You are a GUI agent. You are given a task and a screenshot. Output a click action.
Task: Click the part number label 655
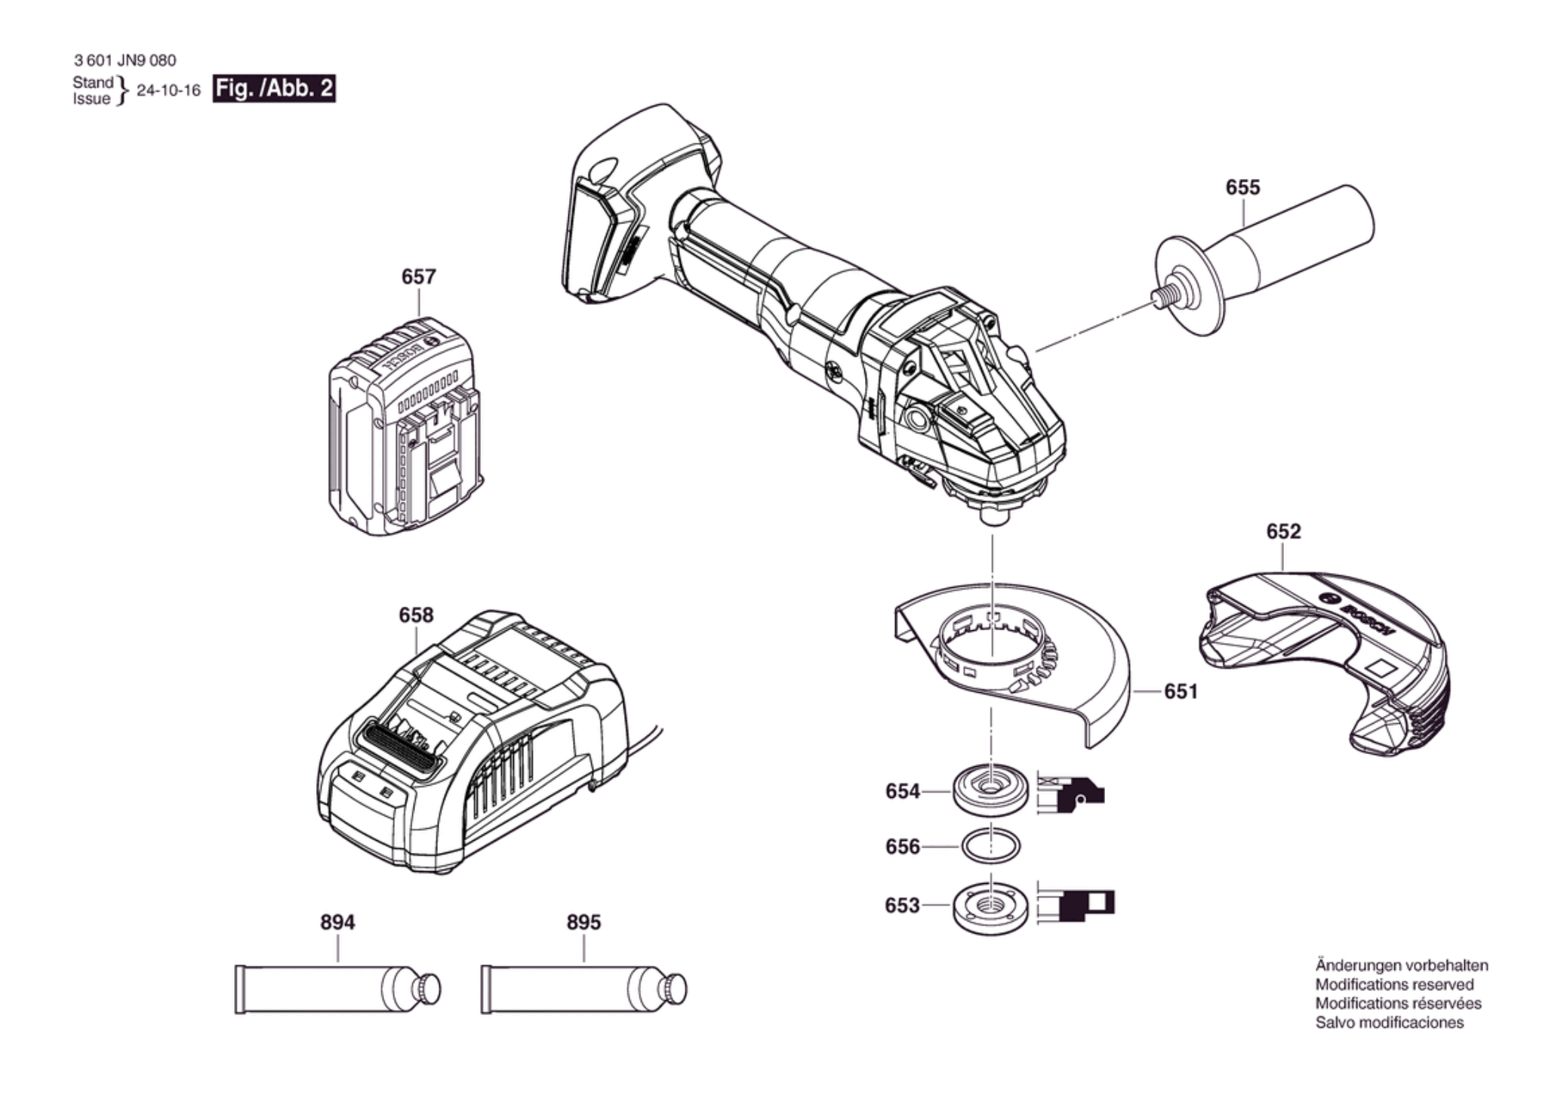pos(1242,187)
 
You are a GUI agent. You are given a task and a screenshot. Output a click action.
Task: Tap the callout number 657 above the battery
pos(418,277)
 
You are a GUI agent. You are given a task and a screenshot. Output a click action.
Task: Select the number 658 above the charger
pos(416,615)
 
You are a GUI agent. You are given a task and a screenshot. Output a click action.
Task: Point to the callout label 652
pos(1283,531)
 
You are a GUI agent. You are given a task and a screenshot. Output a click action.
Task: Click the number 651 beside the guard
pos(1181,691)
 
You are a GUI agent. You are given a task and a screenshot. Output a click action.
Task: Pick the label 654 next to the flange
pos(903,791)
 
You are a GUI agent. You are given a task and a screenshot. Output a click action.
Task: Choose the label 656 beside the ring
pos(903,847)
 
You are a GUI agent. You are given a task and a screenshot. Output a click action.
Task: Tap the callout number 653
pos(902,905)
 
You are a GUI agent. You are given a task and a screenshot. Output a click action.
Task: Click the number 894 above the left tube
pos(337,922)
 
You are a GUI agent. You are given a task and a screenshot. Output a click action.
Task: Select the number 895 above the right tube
pos(583,922)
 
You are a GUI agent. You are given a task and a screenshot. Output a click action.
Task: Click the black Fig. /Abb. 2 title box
pos(274,88)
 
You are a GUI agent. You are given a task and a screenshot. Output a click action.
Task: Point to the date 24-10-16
pos(168,91)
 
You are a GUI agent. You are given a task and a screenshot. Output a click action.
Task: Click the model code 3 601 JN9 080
pos(125,60)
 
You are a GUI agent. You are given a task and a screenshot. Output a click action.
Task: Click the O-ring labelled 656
pos(991,846)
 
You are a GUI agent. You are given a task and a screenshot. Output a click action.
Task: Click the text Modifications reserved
pos(1394,984)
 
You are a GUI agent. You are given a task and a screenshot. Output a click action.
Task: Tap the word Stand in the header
pos(93,82)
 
